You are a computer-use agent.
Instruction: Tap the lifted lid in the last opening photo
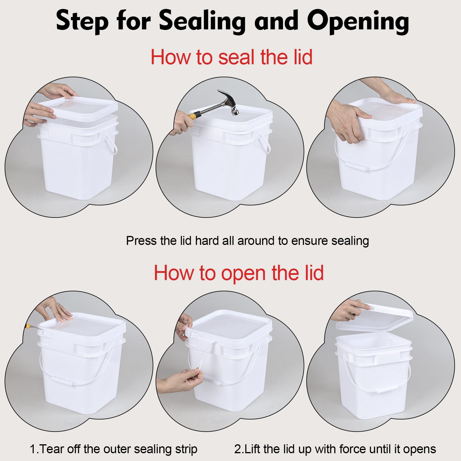(x=375, y=320)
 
